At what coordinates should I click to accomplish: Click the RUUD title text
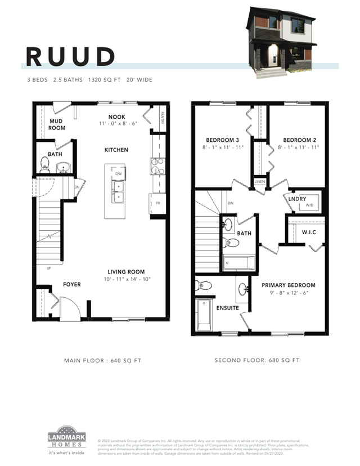70,56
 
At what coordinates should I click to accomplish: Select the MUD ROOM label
57,124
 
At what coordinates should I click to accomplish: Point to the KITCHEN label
116,150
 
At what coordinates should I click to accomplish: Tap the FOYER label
71,285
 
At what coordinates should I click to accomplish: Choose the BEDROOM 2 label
298,140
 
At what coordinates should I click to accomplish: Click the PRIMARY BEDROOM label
289,285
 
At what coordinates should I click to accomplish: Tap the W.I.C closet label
310,232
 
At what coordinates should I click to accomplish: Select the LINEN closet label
259,182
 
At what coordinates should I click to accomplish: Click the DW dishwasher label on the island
118,174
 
